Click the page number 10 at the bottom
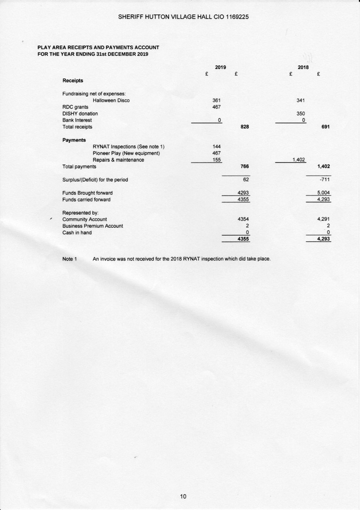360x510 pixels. tap(183, 496)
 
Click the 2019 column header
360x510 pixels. tap(220, 68)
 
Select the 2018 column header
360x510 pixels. tap(303, 68)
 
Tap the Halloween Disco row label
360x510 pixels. tap(111, 101)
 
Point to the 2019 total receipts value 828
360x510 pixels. tap(244, 127)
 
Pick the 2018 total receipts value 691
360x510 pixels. tap(326, 127)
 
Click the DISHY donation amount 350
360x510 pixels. tap(301, 114)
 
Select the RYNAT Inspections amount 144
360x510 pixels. tap(217, 147)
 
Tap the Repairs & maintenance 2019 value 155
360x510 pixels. tap(217, 160)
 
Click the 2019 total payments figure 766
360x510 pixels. tap(244, 167)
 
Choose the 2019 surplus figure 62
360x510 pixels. tap(246, 180)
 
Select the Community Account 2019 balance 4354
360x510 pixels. tap(243, 220)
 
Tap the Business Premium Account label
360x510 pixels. tap(92, 226)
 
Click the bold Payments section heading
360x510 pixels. tap(74, 140)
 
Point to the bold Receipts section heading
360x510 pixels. tap(73, 81)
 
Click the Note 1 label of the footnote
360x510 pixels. tap(69, 259)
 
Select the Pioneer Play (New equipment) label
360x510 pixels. tap(126, 153)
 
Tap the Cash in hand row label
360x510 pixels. tap(77, 233)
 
